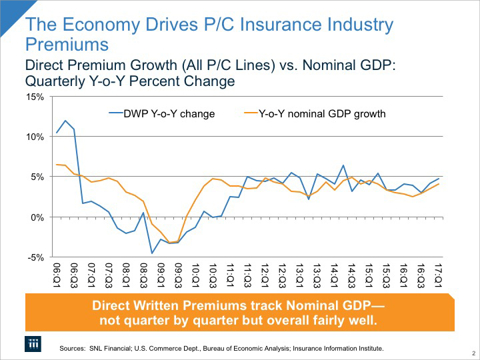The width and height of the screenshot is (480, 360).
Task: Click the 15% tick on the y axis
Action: (x=35, y=97)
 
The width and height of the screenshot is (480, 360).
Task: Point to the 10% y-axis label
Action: (x=35, y=137)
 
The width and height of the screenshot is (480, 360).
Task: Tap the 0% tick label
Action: (x=37, y=217)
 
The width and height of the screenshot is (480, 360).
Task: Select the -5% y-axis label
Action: (x=36, y=257)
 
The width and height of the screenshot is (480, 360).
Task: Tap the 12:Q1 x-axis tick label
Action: (x=265, y=272)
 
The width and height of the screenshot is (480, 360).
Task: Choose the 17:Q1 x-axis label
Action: (x=439, y=272)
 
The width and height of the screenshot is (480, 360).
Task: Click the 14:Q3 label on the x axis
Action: (x=352, y=272)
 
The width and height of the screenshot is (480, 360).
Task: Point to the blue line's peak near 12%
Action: (x=65, y=121)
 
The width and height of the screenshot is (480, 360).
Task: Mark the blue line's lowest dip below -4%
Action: (x=152, y=253)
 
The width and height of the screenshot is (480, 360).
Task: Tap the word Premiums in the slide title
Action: (x=67, y=45)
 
